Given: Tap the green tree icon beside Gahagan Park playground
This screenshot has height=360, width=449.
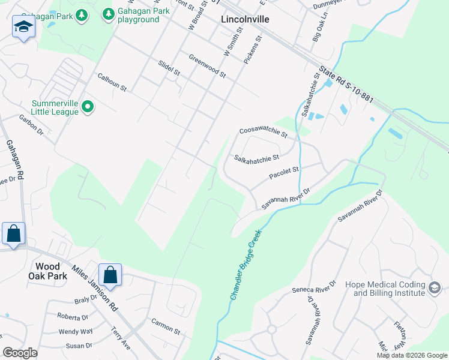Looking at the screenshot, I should [x=108, y=13].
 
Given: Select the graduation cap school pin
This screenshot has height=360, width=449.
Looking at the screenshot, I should [x=23, y=27].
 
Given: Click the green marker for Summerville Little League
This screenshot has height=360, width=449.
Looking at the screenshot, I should [x=88, y=107].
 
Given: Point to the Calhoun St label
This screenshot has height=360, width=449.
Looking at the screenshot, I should [x=112, y=83].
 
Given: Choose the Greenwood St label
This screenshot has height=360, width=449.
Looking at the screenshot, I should [x=206, y=67].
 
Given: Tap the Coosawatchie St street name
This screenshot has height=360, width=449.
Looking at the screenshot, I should [x=264, y=132].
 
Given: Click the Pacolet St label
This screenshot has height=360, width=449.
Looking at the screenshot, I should [x=284, y=173].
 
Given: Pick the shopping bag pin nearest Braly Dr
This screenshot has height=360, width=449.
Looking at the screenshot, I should [x=110, y=275].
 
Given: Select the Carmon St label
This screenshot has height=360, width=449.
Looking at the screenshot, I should [x=166, y=326].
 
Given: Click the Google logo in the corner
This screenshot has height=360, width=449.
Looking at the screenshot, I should [x=20, y=353].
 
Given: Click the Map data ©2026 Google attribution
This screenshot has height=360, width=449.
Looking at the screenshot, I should [x=412, y=355].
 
